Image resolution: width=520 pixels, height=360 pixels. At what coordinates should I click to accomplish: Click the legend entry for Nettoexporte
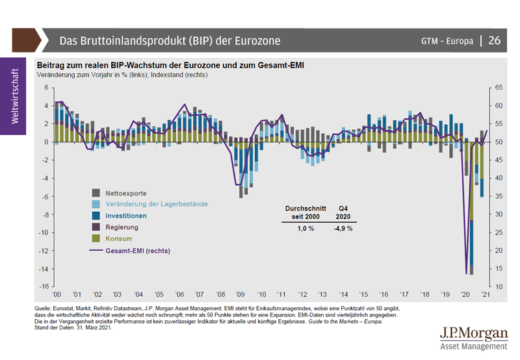(126, 193)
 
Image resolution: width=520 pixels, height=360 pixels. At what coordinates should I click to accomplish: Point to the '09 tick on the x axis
(240, 294)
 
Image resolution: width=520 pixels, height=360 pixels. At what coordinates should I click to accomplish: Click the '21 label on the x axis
(486, 294)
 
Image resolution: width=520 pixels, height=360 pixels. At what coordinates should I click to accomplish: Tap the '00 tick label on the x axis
(57, 294)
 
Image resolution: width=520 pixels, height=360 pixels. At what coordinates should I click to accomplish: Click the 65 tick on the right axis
(499, 87)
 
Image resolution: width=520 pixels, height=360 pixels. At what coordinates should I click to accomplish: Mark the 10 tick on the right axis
(499, 287)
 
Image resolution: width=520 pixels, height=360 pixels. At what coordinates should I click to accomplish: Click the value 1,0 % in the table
(305, 228)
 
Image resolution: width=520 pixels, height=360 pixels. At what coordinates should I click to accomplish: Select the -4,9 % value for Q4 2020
(343, 228)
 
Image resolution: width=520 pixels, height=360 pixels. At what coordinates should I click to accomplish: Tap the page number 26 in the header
(494, 41)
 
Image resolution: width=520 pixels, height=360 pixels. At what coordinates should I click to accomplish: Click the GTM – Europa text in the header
(447, 41)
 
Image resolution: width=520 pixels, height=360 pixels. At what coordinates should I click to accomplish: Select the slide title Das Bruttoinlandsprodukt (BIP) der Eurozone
(170, 41)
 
